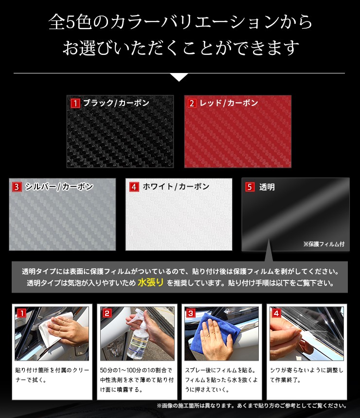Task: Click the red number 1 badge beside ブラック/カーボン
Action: [x=75, y=103]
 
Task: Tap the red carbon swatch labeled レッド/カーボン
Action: [x=238, y=131]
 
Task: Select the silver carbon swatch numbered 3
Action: [x=62, y=214]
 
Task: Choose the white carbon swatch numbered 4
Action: [x=179, y=214]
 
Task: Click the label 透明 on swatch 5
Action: [x=267, y=187]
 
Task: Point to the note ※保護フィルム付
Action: [x=324, y=244]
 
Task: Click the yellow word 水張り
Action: [x=150, y=282]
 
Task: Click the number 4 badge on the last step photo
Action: [x=276, y=313]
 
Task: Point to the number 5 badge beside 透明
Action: [x=250, y=187]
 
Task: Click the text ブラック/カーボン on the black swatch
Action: [x=116, y=103]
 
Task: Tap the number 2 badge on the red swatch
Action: [x=192, y=103]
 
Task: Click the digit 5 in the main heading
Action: [x=70, y=22]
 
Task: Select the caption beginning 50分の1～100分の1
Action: [x=137, y=380]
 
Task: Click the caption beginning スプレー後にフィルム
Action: [x=221, y=380]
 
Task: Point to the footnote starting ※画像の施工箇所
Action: [x=252, y=406]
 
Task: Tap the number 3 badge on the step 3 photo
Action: [x=191, y=313]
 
